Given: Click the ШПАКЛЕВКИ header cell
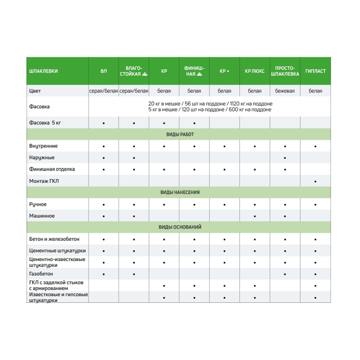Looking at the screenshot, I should tap(43, 71).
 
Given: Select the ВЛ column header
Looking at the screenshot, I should tap(104, 71).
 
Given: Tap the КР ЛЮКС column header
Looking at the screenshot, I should tap(255, 71).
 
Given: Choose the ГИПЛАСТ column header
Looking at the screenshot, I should tap(315, 71).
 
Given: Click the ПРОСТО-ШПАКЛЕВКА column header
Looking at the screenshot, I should tap(285, 71).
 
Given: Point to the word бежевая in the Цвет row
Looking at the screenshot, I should tap(285, 91).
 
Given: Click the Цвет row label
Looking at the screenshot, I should tap(35, 91).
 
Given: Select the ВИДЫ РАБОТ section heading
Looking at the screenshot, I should tap(180, 135).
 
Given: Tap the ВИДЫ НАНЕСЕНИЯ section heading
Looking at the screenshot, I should tap(180, 193).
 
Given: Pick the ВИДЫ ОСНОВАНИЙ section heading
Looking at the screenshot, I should tap(180, 227).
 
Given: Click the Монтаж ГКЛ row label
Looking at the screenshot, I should tap(44, 181).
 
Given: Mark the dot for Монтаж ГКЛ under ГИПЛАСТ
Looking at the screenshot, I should tap(315, 181).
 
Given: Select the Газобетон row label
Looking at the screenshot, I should tap(41, 274).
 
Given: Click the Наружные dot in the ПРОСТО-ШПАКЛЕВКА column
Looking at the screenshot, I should tap(285, 158).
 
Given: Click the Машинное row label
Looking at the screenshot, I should tap(42, 216).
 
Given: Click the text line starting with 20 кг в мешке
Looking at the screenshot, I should tap(210, 104).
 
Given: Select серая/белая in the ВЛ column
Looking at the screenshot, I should tap(104, 91).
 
